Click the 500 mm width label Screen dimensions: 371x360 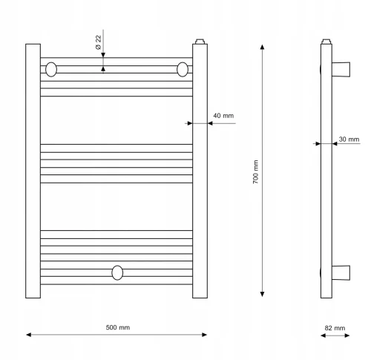(x=118, y=327)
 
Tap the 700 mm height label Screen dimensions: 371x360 (x=255, y=171)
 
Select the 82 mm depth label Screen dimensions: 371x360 (x=335, y=328)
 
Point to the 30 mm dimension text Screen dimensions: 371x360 (x=349, y=140)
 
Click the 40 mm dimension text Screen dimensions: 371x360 (x=223, y=116)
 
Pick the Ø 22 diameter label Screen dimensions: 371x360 (x=98, y=42)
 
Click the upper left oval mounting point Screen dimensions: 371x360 (x=51, y=70)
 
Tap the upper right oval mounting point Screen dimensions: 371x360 (x=183, y=70)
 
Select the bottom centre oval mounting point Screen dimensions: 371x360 (x=117, y=272)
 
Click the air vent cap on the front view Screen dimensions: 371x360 (x=200, y=42)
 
